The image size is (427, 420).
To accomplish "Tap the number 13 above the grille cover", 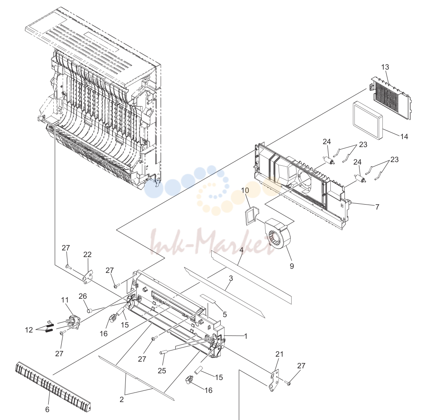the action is pyautogui.click(x=385, y=67).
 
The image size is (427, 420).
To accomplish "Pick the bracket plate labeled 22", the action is pyautogui.click(x=87, y=277).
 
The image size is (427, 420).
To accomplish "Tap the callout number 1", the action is pyautogui.click(x=245, y=336).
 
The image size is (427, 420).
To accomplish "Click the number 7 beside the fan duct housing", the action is pyautogui.click(x=377, y=207).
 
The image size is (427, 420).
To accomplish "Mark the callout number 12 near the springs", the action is pyautogui.click(x=29, y=330).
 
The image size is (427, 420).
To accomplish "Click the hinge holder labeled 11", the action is pyautogui.click(x=72, y=321).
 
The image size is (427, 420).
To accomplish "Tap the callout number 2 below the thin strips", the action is pyautogui.click(x=122, y=399).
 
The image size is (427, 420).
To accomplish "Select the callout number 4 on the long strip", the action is pyautogui.click(x=241, y=250).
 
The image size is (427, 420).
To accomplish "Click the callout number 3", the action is pyautogui.click(x=231, y=278).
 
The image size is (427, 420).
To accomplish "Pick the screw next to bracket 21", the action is pyautogui.click(x=287, y=382).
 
